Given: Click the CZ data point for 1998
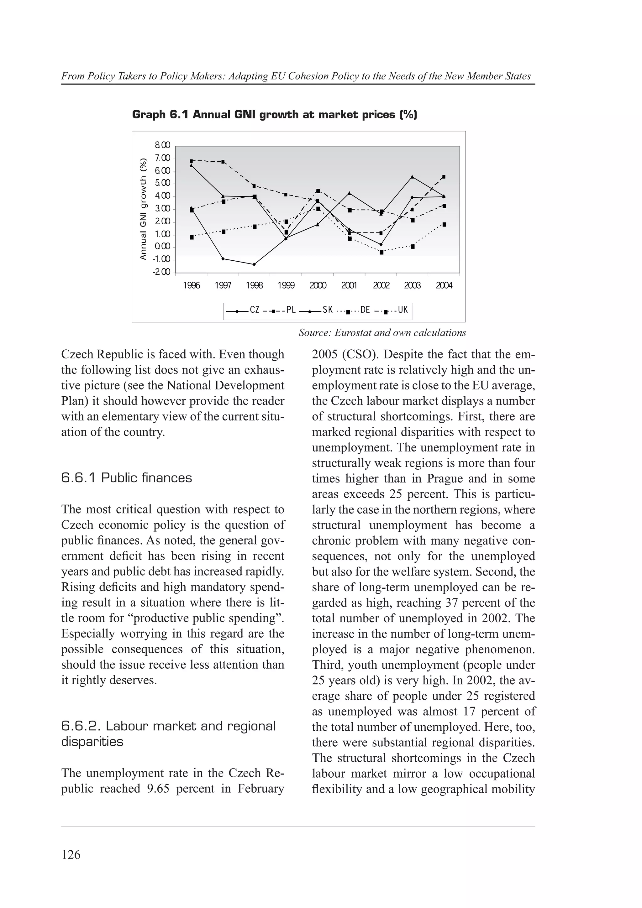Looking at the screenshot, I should pyautogui.click(x=254, y=264).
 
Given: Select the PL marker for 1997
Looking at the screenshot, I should pyautogui.click(x=223, y=161).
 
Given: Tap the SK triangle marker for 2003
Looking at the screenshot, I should pyautogui.click(x=413, y=177).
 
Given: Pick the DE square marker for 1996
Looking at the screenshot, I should pyautogui.click(x=192, y=237).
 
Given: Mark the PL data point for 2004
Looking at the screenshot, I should pyautogui.click(x=444, y=177).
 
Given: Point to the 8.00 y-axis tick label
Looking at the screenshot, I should pyautogui.click(x=162, y=145).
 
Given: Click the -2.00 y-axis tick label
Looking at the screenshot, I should pyautogui.click(x=162, y=272).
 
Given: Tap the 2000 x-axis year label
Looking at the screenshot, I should pyautogui.click(x=318, y=285).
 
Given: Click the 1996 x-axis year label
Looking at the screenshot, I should pyautogui.click(x=192, y=285).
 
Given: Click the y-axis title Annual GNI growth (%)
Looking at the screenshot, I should pyautogui.click(x=144, y=209).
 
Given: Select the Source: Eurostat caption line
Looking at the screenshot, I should pyautogui.click(x=382, y=333).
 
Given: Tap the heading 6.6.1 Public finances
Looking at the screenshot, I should pyautogui.click(x=127, y=478).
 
